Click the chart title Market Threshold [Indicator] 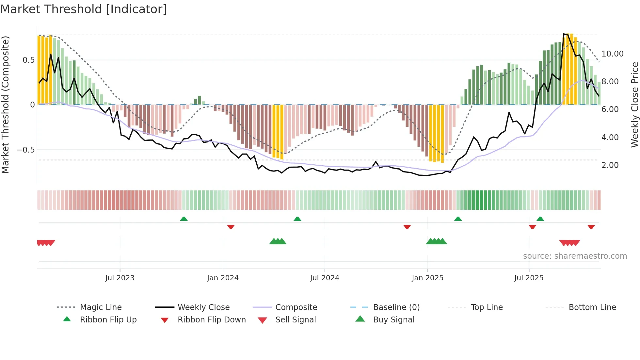[x=84, y=9]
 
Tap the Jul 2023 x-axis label [x=120, y=278]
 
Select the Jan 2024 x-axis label [x=223, y=278]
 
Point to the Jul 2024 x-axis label [x=325, y=278]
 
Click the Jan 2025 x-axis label [x=427, y=278]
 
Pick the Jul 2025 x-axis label [x=529, y=278]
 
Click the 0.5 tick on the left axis [x=28, y=60]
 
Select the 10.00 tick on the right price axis [x=612, y=54]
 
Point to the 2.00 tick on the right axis [x=610, y=165]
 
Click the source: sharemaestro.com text [x=575, y=256]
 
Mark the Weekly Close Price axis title [x=634, y=105]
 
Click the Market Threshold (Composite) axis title [x=5, y=105]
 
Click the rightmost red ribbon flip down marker [x=591, y=227]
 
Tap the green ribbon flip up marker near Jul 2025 [x=540, y=219]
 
